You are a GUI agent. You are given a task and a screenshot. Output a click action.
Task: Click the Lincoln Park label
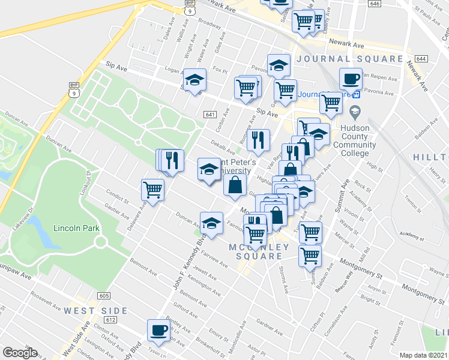coord(75,228)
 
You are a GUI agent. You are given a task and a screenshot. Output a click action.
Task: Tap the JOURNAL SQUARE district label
coord(349,59)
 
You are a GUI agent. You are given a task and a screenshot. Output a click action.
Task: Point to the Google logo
coord(20,353)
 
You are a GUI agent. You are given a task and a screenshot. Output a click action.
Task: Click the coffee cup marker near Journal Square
coord(351,78)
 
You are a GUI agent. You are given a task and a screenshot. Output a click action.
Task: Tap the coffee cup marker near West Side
coord(159,329)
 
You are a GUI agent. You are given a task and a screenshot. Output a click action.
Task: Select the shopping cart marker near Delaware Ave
coord(153,190)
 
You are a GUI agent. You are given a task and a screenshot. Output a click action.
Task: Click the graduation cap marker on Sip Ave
coord(194,80)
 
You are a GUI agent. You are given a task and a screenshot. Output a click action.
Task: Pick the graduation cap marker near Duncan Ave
coord(211,223)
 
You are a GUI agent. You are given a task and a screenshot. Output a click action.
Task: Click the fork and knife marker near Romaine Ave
coord(258,139)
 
